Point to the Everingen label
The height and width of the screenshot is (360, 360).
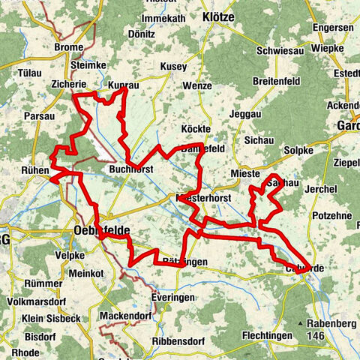click(x=172, y=298)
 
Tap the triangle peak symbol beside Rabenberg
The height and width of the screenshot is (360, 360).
click(x=301, y=323)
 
